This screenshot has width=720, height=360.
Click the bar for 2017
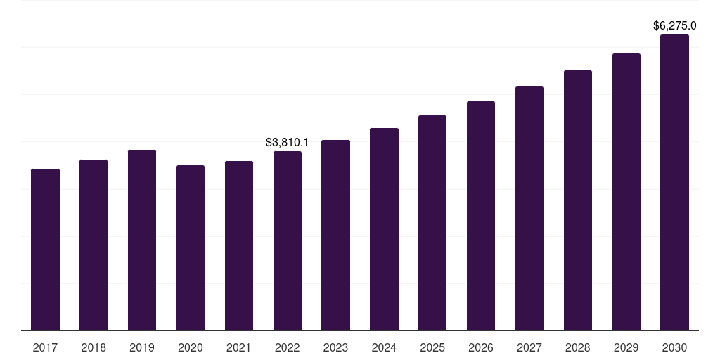(45, 250)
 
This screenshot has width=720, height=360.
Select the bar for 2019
(142, 240)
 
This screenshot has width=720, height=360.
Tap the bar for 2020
(191, 247)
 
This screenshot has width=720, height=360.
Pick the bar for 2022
(288, 240)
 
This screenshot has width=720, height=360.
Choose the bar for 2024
(384, 229)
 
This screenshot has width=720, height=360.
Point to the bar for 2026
(481, 216)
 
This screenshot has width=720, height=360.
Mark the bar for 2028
(578, 200)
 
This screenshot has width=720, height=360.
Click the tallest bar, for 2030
(674, 182)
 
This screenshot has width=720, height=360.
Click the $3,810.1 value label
(287, 142)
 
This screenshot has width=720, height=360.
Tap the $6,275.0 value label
(674, 26)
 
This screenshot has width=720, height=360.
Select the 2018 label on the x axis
(94, 347)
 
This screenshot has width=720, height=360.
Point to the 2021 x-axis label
(239, 347)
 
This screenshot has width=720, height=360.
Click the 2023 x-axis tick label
(335, 347)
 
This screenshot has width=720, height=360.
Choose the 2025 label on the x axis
(432, 347)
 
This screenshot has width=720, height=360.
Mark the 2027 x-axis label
(529, 347)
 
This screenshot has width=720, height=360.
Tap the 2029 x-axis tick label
(626, 347)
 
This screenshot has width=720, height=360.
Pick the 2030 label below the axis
(674, 347)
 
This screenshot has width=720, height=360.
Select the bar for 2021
(239, 245)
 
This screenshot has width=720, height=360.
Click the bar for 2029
(626, 192)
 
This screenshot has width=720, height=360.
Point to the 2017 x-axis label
(45, 347)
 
